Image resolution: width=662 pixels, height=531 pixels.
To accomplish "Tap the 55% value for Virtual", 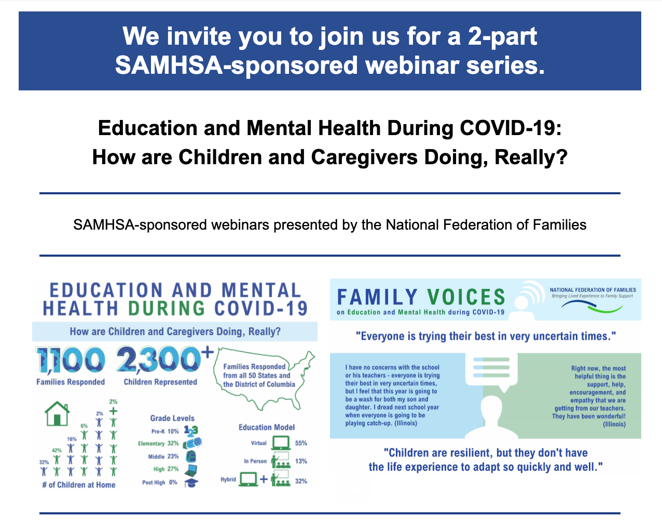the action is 301,443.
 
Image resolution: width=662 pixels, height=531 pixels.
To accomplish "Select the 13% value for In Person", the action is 301,461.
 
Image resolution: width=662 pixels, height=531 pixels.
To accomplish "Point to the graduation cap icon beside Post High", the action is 191,482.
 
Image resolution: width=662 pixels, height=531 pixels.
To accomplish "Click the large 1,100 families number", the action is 71,360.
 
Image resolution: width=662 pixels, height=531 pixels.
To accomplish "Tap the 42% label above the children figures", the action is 57,450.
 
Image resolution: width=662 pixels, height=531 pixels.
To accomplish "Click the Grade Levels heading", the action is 172,418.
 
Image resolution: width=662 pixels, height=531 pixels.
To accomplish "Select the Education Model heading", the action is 266,427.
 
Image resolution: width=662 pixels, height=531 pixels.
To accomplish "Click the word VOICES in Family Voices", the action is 466,297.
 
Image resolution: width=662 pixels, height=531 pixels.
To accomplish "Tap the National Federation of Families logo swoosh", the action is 592,307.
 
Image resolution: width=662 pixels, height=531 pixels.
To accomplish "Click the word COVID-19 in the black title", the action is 511,128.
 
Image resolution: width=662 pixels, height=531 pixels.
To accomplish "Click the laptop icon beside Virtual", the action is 281,443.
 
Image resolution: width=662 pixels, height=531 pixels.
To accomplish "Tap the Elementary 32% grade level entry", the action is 158,444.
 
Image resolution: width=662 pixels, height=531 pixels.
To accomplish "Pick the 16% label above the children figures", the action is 72,439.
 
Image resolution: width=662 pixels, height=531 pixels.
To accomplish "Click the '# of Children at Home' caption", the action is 79,485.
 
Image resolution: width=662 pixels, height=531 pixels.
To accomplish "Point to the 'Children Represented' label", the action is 160,382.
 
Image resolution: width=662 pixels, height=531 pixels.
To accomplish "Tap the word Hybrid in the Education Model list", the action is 228,479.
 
